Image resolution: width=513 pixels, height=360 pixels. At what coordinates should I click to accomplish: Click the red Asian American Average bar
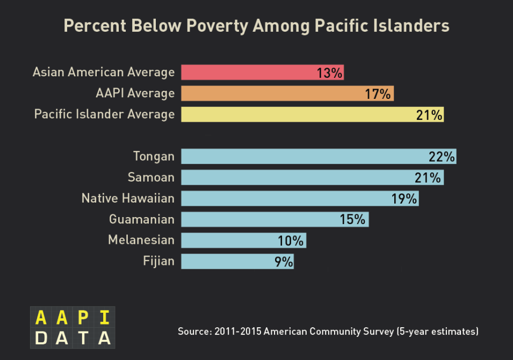[247, 72]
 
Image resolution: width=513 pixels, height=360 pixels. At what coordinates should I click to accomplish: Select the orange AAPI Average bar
[269, 93]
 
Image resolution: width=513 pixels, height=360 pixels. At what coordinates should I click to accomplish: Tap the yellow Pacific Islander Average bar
[295, 114]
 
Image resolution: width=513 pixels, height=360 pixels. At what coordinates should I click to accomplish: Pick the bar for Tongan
[301, 156]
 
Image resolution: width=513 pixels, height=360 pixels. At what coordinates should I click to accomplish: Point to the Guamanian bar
[258, 219]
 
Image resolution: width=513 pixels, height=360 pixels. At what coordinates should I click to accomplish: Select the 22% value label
[442, 157]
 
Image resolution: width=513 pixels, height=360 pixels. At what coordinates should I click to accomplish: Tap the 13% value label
[329, 73]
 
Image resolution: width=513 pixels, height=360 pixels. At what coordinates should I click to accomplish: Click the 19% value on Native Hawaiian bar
[404, 199]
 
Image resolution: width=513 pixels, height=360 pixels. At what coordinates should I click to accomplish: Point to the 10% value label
[291, 241]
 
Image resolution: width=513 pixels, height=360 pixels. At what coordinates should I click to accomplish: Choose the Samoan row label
[151, 177]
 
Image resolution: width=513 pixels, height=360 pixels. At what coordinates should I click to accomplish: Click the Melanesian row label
[141, 240]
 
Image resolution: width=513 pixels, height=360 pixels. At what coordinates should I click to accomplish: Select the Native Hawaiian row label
[128, 198]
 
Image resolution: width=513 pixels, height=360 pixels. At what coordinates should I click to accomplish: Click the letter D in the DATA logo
[41, 338]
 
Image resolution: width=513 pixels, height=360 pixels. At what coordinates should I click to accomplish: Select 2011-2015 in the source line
[238, 332]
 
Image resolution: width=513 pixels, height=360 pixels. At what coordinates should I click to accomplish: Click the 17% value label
[378, 94]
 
